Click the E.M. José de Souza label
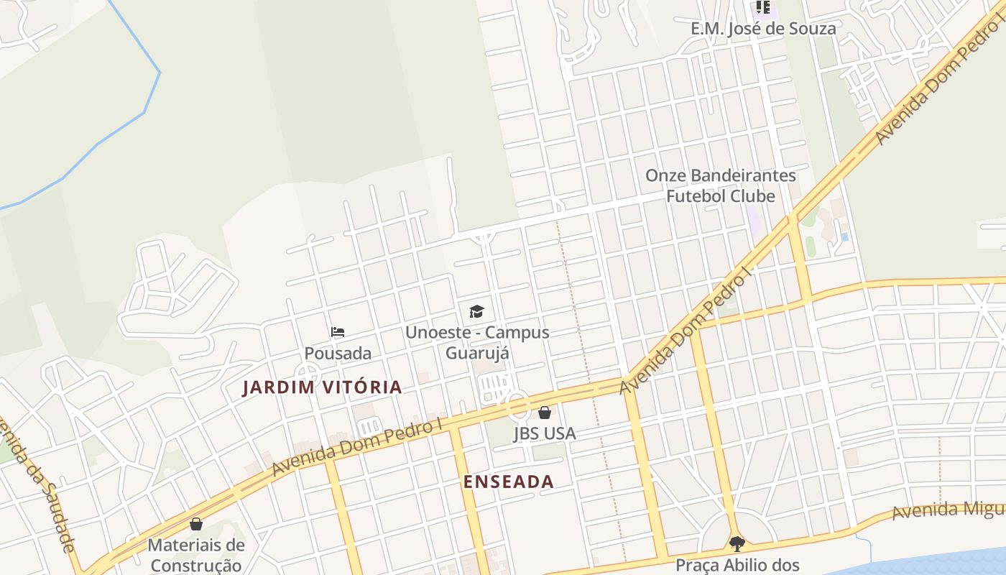click(x=763, y=29)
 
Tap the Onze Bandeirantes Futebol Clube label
click(x=721, y=185)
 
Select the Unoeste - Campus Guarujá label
click(x=477, y=342)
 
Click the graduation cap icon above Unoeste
click(x=476, y=311)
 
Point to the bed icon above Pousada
click(x=338, y=332)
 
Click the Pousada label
click(x=338, y=353)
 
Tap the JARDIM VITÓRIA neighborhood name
click(x=322, y=387)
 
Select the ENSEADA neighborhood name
click(x=509, y=482)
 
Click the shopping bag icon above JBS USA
click(x=545, y=413)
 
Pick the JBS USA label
click(x=545, y=433)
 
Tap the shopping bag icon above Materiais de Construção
click(x=196, y=524)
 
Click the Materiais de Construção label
click(x=196, y=555)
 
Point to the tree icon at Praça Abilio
click(x=737, y=543)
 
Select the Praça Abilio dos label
click(x=737, y=565)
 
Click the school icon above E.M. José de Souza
click(x=762, y=8)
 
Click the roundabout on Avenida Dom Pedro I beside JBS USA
click(x=518, y=405)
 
